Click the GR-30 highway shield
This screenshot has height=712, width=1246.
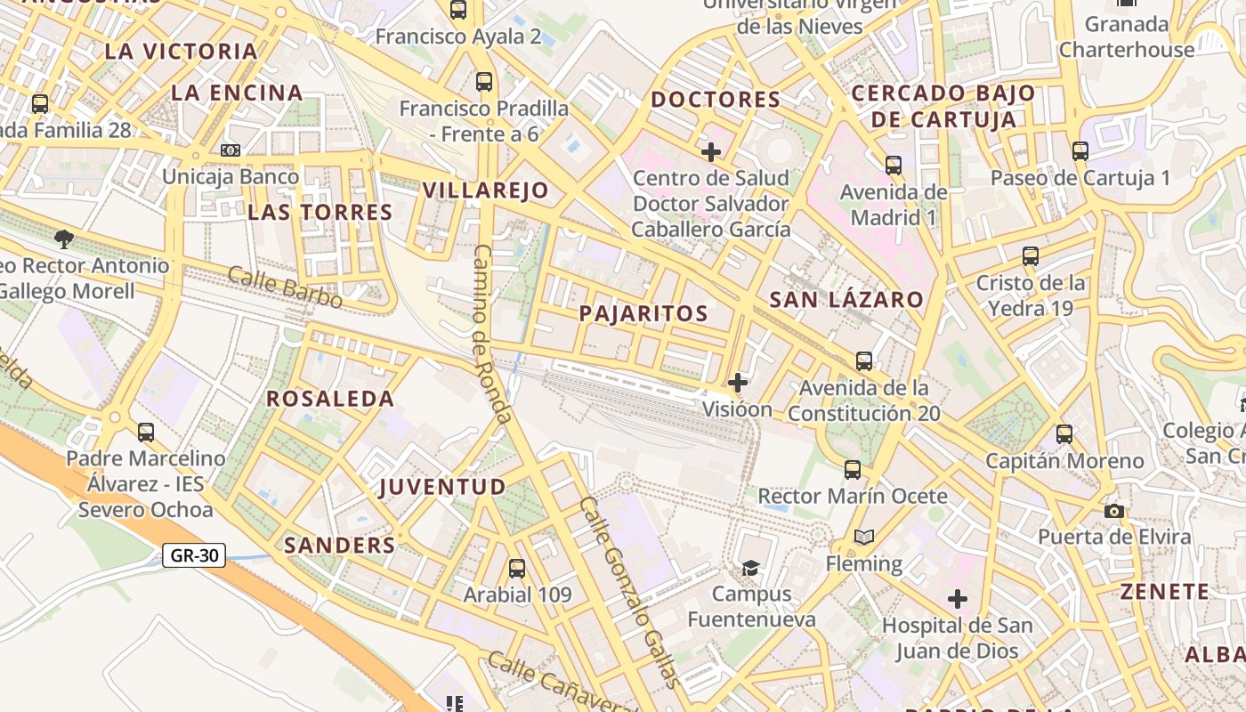(194, 556)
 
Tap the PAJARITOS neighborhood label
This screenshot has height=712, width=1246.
(643, 313)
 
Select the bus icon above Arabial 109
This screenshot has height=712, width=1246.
(517, 569)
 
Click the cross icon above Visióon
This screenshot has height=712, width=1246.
(738, 383)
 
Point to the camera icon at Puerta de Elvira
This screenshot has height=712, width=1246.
(1113, 511)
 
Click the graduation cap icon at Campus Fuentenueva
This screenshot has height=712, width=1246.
(751, 568)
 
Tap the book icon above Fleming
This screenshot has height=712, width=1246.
(863, 537)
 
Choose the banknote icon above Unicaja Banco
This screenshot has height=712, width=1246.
(231, 150)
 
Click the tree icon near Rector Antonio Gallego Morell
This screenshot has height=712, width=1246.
(63, 239)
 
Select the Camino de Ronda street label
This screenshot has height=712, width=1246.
(492, 334)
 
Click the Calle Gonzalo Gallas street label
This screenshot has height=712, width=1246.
(629, 592)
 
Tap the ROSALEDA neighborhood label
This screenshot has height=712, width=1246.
(330, 399)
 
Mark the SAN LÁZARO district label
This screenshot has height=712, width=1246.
(846, 300)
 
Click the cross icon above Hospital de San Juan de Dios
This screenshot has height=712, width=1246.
(958, 599)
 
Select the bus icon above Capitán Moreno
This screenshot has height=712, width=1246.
(1064, 434)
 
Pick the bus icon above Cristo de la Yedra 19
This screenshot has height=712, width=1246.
(1031, 256)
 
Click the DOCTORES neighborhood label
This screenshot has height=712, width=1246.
(716, 100)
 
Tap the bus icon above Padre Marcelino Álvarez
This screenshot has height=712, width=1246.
(146, 433)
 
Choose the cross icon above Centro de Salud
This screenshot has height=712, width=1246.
(711, 152)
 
